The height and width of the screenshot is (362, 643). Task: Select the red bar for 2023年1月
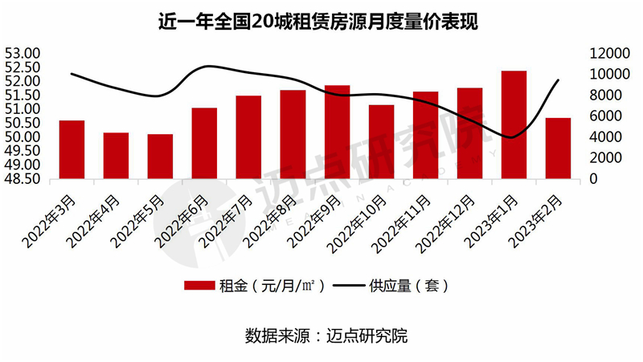[x=514, y=124]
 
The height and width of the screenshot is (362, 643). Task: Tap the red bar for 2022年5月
[x=160, y=157]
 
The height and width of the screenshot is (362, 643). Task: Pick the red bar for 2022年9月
[x=337, y=132]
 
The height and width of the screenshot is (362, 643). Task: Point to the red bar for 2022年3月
[x=72, y=149]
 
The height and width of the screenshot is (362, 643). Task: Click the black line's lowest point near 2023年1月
[x=512, y=137]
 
